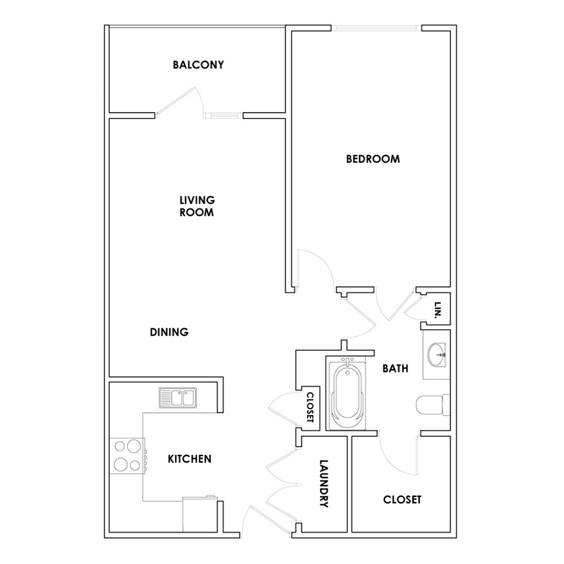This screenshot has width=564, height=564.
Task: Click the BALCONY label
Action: pos(198,65)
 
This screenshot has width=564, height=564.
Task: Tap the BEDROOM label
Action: pos(373,159)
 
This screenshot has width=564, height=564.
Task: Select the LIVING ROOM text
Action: pos(197,206)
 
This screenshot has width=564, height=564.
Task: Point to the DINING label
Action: pos(169,332)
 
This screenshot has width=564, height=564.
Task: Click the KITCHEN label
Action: pos(189,459)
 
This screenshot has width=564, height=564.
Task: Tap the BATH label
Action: pos(395,368)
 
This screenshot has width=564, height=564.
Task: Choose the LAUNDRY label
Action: pos(324,483)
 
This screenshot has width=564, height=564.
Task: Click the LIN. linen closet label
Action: pos(438,310)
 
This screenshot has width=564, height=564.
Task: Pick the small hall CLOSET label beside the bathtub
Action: pos(310,407)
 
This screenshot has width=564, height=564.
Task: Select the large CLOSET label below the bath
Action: pos(402,499)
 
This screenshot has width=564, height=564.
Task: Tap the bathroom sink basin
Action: pos(437,355)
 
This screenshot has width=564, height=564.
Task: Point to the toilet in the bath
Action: pos(433,405)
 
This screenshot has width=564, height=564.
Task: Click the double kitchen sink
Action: pos(178,398)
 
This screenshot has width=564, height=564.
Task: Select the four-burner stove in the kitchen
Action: pos(127,456)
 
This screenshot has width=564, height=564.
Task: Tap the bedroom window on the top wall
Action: pos(376,28)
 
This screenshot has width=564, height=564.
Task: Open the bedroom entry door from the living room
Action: pos(316,267)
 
